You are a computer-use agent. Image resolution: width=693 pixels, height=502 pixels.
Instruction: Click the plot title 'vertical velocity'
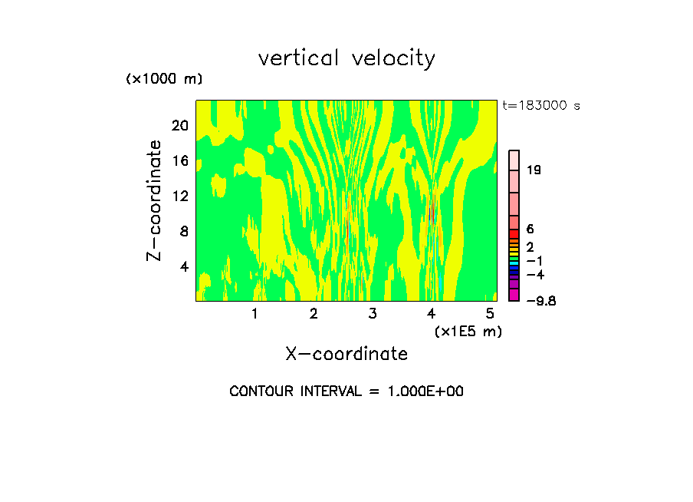(346, 58)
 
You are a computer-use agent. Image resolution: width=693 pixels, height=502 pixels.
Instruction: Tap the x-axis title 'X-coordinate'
(346, 354)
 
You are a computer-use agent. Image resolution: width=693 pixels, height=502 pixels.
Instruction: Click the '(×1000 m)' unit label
(164, 79)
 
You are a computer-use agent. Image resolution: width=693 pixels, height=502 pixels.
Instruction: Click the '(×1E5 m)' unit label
(468, 331)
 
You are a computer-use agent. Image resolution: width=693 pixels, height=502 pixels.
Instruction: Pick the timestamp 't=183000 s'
(541, 106)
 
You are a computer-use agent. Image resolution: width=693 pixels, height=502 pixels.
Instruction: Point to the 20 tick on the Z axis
(179, 126)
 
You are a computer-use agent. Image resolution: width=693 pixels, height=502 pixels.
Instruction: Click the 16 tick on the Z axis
(179, 161)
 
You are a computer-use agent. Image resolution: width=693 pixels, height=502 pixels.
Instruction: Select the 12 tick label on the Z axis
(179, 197)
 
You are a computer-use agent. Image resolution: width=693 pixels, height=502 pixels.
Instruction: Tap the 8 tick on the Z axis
(183, 232)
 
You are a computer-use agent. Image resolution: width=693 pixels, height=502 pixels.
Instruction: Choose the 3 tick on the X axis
(372, 313)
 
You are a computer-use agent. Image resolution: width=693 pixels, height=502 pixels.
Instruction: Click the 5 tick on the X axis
(490, 313)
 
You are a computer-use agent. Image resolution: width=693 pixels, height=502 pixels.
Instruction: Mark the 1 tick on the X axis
(255, 313)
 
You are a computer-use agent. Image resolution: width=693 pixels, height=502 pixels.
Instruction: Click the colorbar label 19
(534, 170)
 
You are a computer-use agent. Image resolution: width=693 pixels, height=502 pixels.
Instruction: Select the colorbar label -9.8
(540, 301)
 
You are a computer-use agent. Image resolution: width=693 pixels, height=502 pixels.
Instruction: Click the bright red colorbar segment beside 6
(514, 233)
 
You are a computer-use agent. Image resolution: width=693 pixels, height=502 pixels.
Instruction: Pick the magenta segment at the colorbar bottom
(514, 296)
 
